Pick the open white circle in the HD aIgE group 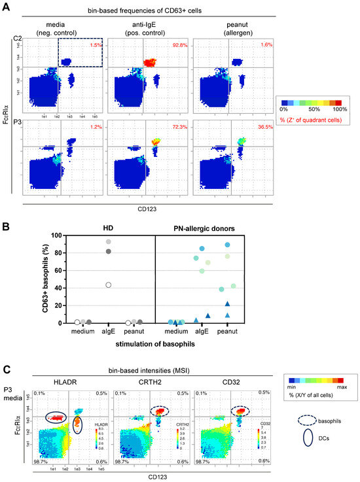point(91,284)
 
